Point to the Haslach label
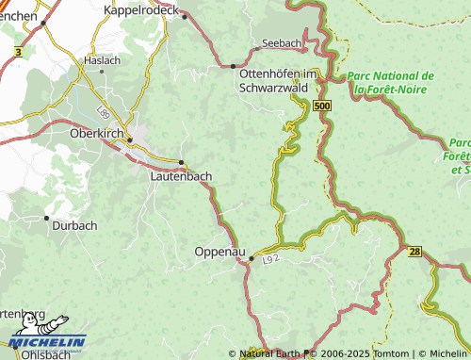[x=103, y=59]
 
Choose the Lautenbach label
[x=181, y=175]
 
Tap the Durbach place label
[x=73, y=226]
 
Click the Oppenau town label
[x=219, y=252]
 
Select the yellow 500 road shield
[x=323, y=107]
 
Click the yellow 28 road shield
[x=415, y=251]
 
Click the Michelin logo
[x=47, y=339]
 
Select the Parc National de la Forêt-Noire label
[x=390, y=82]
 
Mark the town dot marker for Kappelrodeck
[x=186, y=16]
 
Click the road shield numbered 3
[x=18, y=52]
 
